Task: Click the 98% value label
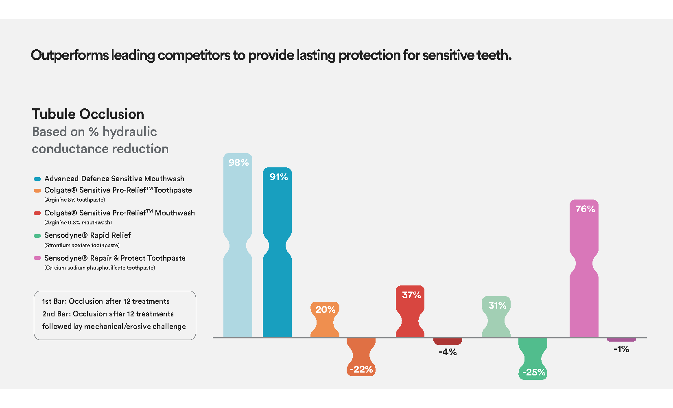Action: [238, 162]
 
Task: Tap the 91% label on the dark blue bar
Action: [278, 177]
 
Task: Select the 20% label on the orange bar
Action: [326, 309]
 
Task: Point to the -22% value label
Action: [361, 369]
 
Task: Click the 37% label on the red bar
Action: [411, 295]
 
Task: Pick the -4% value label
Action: [448, 352]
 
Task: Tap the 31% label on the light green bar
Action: [497, 305]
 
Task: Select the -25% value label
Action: [533, 372]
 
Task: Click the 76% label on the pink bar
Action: [585, 209]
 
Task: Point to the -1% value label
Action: [621, 349]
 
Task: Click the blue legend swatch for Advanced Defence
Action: [37, 179]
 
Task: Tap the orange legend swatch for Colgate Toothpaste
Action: [37, 191]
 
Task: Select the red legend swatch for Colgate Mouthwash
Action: [37, 213]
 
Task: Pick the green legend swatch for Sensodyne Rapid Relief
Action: [37, 236]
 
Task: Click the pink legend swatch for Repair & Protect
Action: [37, 258]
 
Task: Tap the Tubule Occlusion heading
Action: [88, 114]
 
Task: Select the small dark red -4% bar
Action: [448, 342]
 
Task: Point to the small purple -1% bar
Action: [621, 340]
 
